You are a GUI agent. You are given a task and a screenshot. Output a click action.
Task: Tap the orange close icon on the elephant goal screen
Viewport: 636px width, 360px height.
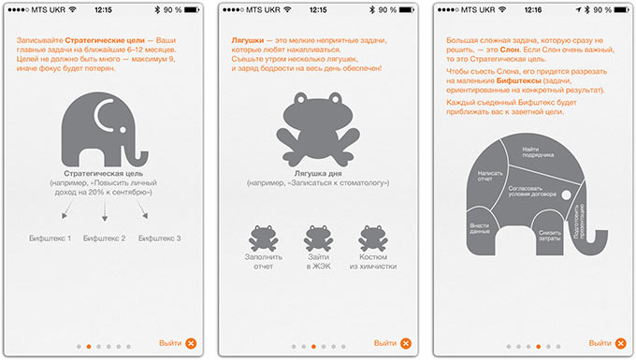coord(191,344)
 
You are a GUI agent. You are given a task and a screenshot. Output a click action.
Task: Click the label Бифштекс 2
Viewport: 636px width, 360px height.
coord(104,238)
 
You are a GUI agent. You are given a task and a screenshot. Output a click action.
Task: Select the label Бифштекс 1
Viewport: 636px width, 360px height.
coord(50,238)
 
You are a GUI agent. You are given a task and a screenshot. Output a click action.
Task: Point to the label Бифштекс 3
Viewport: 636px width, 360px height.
coord(159,238)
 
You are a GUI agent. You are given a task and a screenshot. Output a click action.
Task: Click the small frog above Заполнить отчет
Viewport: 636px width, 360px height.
coord(263,238)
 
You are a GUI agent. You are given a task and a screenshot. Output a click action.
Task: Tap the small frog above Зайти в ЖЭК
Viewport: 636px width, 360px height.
coord(318,238)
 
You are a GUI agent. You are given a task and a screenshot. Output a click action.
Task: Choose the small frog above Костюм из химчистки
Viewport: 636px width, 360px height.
coord(373,238)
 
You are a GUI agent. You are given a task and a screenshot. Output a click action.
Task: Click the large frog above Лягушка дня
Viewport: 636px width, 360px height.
coord(318,129)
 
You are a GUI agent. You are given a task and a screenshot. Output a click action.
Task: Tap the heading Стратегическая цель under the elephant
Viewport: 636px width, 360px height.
coord(104,174)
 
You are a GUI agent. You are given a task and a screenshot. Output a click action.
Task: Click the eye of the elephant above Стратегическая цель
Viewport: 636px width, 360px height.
coord(123,130)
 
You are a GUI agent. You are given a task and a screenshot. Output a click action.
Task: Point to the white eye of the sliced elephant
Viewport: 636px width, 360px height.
coord(566,195)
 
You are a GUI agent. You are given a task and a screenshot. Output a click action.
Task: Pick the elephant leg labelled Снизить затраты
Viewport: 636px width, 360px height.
coord(548,235)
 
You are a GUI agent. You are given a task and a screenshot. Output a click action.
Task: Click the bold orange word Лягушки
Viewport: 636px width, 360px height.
coord(248,40)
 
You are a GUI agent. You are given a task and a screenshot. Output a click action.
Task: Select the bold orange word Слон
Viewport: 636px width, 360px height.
coord(510,50)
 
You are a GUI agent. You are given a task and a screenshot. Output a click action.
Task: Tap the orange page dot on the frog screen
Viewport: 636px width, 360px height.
coord(313,347)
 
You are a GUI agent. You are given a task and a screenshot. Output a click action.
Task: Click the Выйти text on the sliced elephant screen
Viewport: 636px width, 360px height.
coord(600,343)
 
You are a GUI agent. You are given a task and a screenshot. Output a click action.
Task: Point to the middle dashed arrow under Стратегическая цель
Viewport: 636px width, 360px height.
coord(105,210)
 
